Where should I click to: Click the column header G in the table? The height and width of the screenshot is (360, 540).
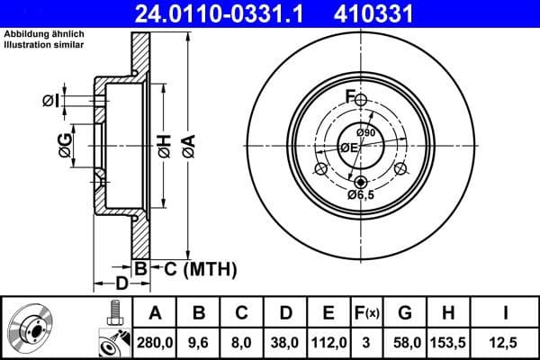pyautogui.click(x=405, y=312)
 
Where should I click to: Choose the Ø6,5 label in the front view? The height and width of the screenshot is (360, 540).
pyautogui.click(x=362, y=193)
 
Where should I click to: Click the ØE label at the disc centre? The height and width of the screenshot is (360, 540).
pyautogui.click(x=348, y=148)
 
